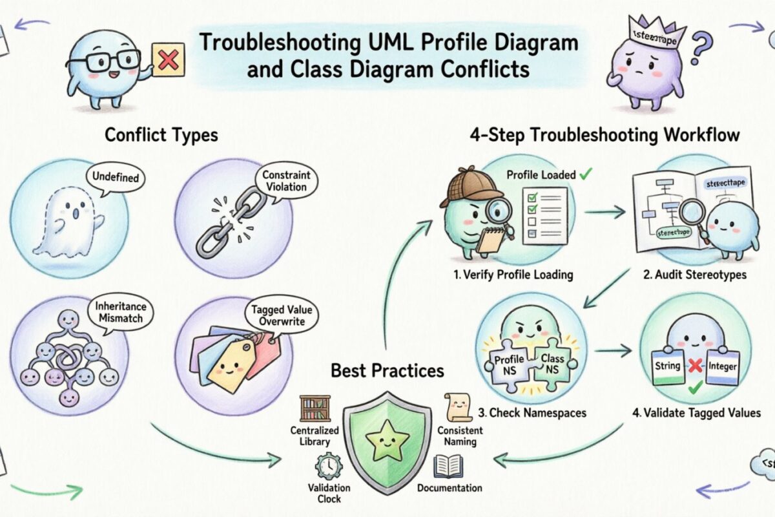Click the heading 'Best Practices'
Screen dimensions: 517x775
tap(387, 370)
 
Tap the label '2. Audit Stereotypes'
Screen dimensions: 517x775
tap(694, 274)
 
